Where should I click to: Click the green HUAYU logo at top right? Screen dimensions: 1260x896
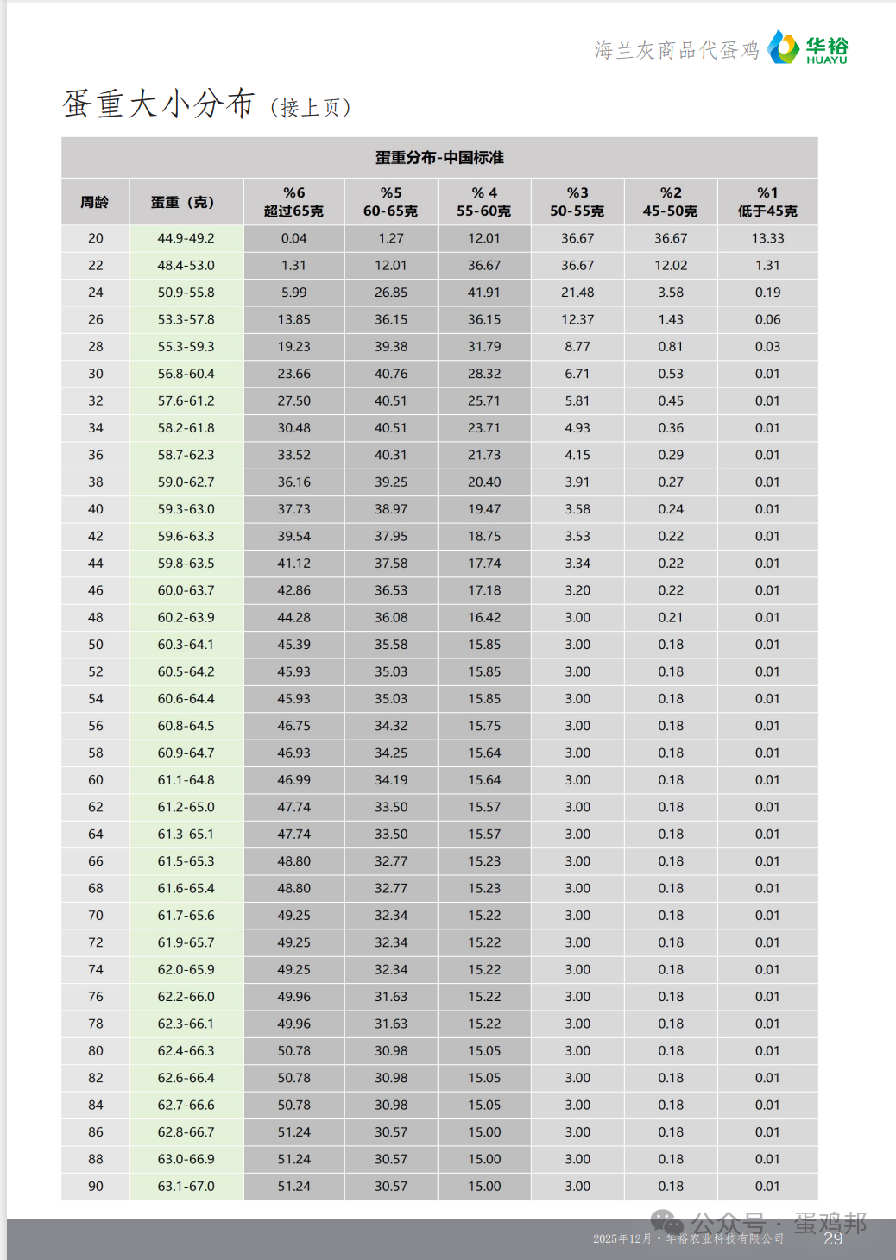(807, 48)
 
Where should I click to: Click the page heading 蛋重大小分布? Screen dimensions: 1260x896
(159, 104)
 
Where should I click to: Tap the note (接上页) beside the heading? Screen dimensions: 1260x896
(310, 108)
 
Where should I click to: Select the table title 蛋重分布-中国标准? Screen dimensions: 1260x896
(439, 157)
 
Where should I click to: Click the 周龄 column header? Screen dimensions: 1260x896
(95, 202)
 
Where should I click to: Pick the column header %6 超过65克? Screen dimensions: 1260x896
(293, 202)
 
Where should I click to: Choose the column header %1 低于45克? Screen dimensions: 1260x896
(767, 202)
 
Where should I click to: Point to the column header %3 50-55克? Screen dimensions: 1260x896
(577, 202)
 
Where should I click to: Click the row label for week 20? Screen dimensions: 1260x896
(95, 238)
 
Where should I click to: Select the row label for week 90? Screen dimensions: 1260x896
(95, 1186)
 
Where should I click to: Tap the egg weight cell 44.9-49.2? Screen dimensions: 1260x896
(186, 238)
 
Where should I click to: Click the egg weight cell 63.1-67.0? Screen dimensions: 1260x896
(186, 1186)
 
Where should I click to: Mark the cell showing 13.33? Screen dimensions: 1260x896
(767, 238)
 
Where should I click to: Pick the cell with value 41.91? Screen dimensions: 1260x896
(484, 293)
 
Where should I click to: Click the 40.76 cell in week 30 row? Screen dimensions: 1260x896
(391, 374)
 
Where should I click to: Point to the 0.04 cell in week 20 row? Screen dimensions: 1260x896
(293, 238)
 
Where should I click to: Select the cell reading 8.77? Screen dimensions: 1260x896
(577, 347)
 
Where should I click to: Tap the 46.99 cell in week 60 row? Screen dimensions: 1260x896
(293, 780)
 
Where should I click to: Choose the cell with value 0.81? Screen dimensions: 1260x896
(671, 347)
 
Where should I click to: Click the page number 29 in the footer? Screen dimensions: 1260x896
(833, 1239)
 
